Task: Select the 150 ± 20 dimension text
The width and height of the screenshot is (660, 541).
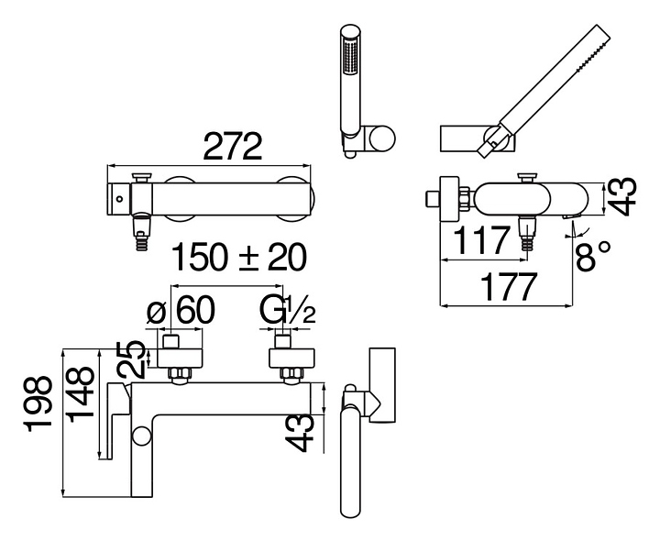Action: coord(239,258)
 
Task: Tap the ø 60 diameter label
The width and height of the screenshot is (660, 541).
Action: coord(181,310)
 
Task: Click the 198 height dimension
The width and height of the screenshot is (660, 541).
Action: coord(39,403)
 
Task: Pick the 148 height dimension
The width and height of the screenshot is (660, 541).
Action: coord(80,394)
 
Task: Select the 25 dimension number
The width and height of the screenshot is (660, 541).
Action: coord(131,359)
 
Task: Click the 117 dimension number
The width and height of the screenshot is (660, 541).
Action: coord(482,240)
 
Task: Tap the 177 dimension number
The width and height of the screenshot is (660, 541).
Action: coord(509,287)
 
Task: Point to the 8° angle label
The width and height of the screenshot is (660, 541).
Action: coord(593,256)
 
